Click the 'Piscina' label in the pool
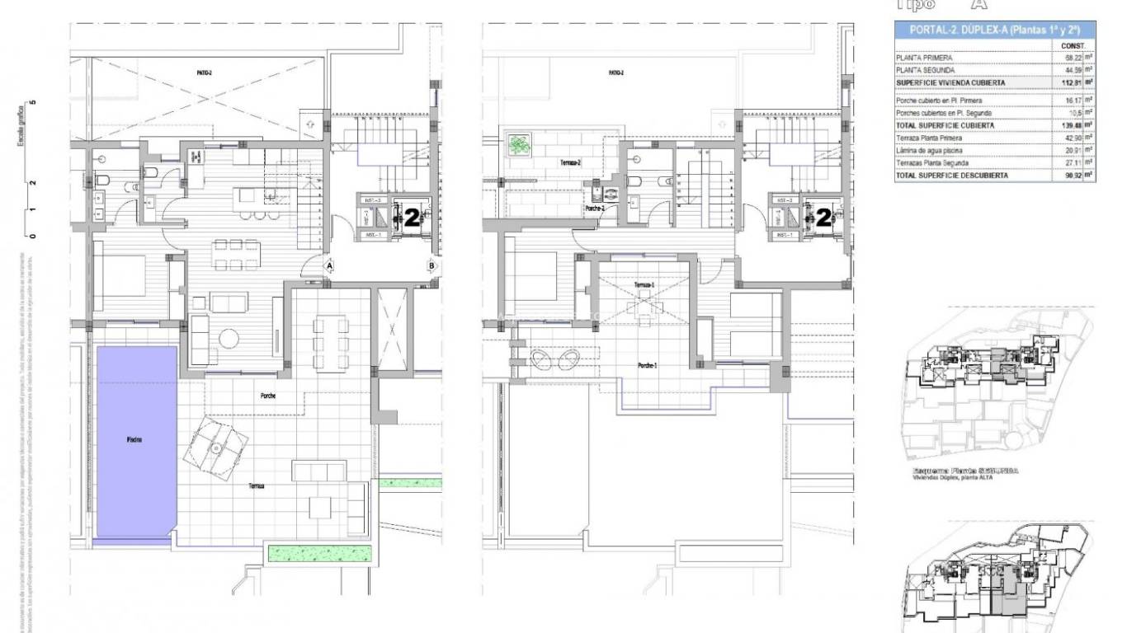tap(134, 440)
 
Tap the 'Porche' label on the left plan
tap(268, 396)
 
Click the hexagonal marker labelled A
tap(329, 266)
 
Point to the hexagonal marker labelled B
tap(431, 265)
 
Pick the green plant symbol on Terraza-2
tap(519, 146)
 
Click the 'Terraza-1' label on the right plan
tap(644, 285)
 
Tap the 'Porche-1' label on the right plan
tap(648, 365)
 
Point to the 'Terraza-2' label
tap(571, 163)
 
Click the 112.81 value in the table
tap(1073, 82)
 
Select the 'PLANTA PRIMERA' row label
tap(925, 58)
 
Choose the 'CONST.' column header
tap(1073, 45)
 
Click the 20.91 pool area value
tap(1073, 151)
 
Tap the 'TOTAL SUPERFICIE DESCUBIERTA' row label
tap(952, 176)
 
